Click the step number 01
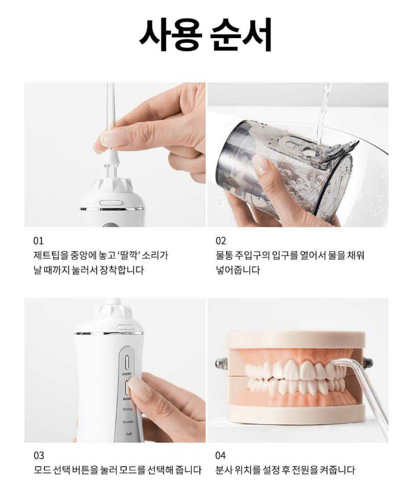(39, 241)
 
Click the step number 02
(221, 241)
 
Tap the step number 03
(39, 455)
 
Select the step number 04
(221, 455)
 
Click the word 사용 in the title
(171, 34)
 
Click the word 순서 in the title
(241, 34)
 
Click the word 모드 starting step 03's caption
(42, 470)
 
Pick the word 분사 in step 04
(224, 470)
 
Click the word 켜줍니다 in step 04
(337, 470)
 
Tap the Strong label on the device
(127, 409)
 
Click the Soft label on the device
(129, 434)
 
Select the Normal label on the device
(128, 422)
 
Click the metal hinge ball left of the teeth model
(219, 363)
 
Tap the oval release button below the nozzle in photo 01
(111, 203)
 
